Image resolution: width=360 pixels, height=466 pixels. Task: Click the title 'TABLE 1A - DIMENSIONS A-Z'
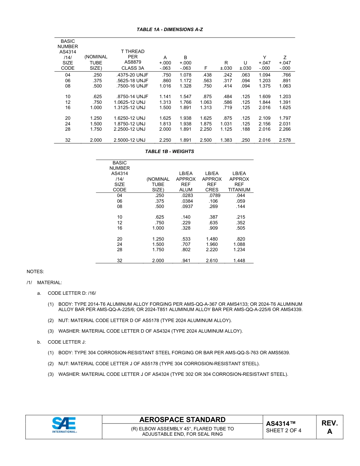(169, 29)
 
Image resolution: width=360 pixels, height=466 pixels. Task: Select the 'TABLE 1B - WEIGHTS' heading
(169, 152)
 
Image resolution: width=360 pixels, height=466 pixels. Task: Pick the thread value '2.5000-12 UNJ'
(130, 140)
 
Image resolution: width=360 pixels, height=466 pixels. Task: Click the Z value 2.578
(285, 140)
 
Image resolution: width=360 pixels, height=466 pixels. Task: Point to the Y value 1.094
(265, 75)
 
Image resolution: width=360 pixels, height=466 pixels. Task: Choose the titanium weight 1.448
(239, 261)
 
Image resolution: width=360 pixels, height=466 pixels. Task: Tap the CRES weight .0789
(214, 195)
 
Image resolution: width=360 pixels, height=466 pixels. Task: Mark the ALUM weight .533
(186, 239)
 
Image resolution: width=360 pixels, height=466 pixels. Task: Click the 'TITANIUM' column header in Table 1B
(239, 189)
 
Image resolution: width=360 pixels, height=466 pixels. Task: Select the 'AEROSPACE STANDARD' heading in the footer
(182, 419)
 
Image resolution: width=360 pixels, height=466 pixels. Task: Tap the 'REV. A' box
(329, 427)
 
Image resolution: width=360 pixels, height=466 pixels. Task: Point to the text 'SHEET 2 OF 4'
(284, 430)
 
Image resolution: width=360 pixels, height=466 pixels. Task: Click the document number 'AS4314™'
(281, 423)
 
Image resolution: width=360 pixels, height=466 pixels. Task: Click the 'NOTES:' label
(35, 272)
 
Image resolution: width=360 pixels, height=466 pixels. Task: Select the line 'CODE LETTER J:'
(67, 342)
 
